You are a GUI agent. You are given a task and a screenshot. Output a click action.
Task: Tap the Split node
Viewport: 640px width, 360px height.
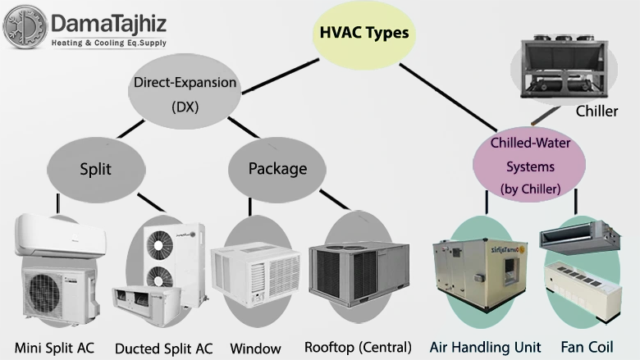[x=95, y=169]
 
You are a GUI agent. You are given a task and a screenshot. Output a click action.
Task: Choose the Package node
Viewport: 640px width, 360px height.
[x=277, y=169]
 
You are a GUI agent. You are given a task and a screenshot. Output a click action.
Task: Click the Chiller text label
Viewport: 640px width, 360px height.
[x=597, y=111]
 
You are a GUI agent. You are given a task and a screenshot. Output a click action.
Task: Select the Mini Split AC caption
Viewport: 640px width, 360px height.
[x=54, y=348]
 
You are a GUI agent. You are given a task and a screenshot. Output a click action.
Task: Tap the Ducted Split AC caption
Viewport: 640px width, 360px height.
[x=164, y=348]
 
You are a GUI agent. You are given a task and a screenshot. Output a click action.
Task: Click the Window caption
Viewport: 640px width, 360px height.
[x=255, y=348]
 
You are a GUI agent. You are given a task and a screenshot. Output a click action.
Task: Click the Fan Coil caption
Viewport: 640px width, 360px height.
[x=587, y=348]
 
